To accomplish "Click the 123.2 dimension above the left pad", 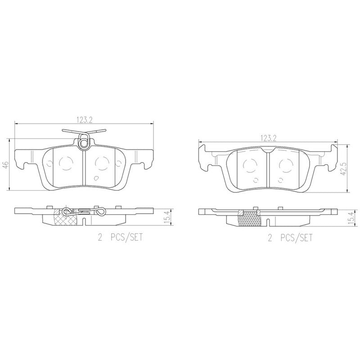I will click(x=84, y=120).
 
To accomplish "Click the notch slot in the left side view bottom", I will click(x=85, y=220).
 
